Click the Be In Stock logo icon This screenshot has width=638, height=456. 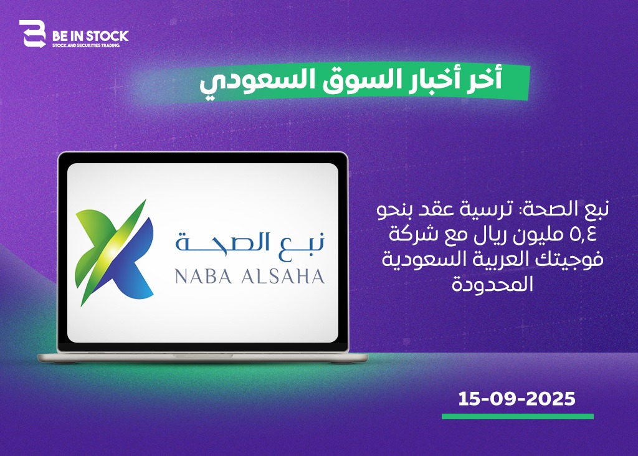(x=32, y=34)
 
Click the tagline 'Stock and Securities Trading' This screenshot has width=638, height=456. (x=86, y=45)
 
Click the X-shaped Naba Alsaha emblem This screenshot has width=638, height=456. (x=115, y=252)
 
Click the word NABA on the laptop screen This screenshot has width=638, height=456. (x=204, y=277)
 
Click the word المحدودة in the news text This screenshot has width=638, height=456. (x=492, y=283)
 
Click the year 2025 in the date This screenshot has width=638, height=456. (x=551, y=399)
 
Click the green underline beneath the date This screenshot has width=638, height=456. (x=518, y=416)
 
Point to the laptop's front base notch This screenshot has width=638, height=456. (x=203, y=356)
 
